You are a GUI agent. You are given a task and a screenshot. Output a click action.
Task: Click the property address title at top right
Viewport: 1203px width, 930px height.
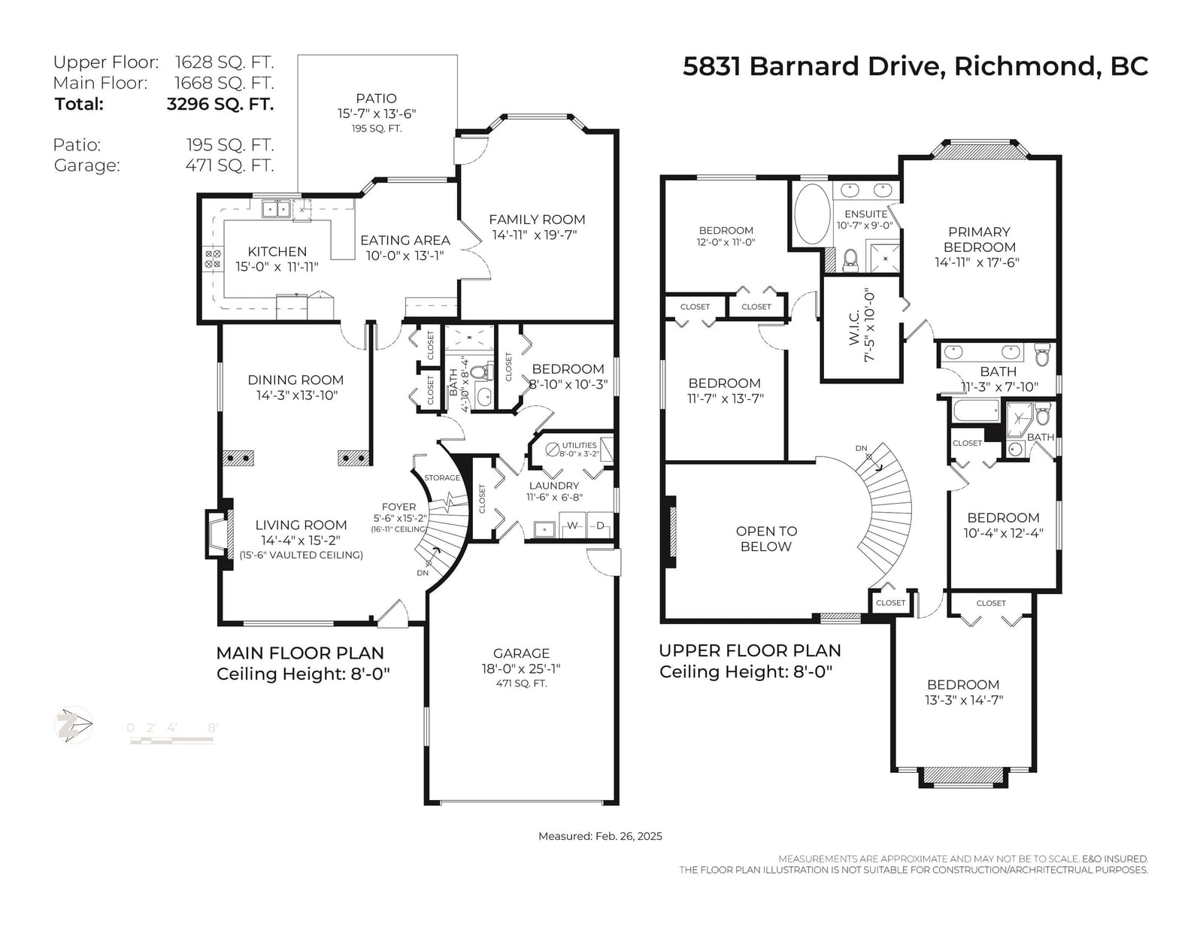tap(915, 66)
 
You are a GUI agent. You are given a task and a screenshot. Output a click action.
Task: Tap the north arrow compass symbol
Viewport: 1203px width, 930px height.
tap(74, 725)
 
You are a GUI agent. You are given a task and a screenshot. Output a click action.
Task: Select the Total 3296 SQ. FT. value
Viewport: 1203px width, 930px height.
tap(220, 104)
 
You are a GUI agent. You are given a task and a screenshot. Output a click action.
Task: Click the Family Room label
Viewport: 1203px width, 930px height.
tap(537, 220)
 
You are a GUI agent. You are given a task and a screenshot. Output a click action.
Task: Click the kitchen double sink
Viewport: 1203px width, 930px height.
tap(276, 209)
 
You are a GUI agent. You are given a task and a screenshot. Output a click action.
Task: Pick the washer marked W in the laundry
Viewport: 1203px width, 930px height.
tap(572, 526)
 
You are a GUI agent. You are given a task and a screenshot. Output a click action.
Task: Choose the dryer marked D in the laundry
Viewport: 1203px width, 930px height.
tap(599, 526)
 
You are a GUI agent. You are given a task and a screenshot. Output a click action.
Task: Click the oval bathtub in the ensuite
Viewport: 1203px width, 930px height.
tap(812, 214)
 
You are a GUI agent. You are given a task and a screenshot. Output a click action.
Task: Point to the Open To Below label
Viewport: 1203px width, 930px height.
tap(766, 538)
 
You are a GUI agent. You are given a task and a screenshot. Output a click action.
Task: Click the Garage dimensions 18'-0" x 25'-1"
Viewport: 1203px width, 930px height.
tap(521, 668)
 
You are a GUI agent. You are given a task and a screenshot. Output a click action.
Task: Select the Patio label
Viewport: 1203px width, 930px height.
tap(377, 98)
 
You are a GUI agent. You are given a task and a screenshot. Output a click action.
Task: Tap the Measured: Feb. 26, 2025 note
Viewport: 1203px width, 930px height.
tap(600, 836)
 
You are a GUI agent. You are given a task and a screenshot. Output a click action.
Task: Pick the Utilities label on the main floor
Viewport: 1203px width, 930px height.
tap(579, 445)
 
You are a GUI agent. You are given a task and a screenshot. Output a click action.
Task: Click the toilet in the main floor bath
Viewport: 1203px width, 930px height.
tap(486, 371)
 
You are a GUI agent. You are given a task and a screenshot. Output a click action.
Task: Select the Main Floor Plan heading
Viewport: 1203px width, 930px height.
tap(300, 653)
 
